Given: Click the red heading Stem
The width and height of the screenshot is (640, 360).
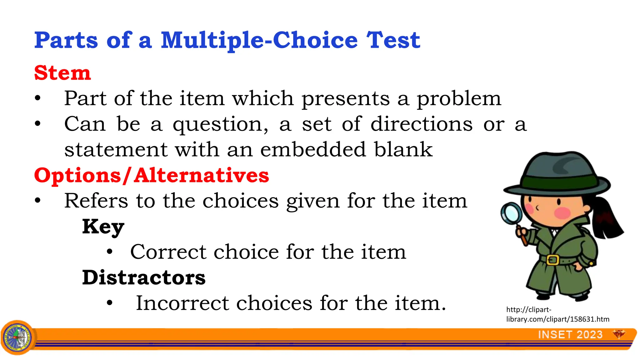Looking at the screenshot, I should (62, 73).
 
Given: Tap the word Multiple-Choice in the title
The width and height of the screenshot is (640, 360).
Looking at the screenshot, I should (259, 41).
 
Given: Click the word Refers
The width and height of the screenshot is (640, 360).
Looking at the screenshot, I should (96, 201).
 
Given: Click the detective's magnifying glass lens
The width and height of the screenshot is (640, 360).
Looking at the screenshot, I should (511, 213).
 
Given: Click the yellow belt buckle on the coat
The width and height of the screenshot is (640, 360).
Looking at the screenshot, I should (552, 260).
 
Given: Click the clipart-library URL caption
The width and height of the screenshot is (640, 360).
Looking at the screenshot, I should (557, 314).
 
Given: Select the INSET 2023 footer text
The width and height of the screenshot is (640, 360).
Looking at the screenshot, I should (570, 335).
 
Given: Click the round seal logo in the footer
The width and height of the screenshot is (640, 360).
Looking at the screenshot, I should (17, 337).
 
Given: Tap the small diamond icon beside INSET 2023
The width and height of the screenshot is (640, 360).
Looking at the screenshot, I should (618, 334).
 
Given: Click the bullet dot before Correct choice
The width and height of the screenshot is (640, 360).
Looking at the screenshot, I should (109, 252).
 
